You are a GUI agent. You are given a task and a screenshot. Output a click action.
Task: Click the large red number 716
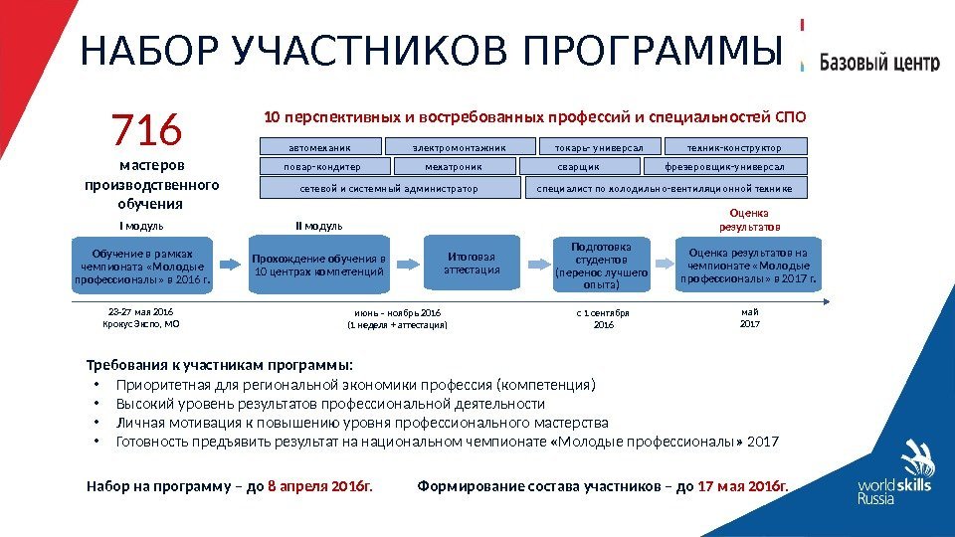[147, 129]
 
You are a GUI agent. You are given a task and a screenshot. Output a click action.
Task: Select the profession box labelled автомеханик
[320, 147]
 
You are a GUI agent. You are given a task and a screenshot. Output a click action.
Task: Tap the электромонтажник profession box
[460, 147]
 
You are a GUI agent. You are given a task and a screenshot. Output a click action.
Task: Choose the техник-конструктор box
[734, 147]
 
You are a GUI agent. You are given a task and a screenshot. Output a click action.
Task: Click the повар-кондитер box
[321, 167]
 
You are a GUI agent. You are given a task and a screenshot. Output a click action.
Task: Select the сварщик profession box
[578, 167]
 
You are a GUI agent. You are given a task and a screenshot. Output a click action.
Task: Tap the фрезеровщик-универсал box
[724, 167]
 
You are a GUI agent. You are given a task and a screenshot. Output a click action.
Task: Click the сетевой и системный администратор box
[389, 188]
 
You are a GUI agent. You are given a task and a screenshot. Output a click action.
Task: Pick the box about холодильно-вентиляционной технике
[665, 188]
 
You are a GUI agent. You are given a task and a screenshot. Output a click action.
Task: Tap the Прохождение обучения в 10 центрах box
[318, 265]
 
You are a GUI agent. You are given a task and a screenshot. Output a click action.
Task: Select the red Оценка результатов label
[749, 219]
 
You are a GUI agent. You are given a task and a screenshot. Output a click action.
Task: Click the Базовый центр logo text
[878, 63]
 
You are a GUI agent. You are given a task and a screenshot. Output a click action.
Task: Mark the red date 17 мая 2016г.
[742, 486]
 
